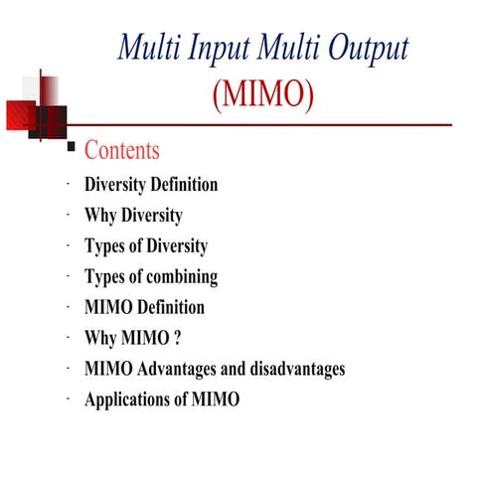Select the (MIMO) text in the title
click(x=263, y=96)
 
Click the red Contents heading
click(x=121, y=151)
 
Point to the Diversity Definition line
click(x=151, y=185)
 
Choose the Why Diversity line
click(x=133, y=215)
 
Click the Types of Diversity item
click(x=146, y=245)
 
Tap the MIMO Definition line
click(x=144, y=307)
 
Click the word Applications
click(x=129, y=399)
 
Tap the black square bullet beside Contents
click(x=70, y=148)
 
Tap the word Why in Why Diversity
click(x=100, y=215)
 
